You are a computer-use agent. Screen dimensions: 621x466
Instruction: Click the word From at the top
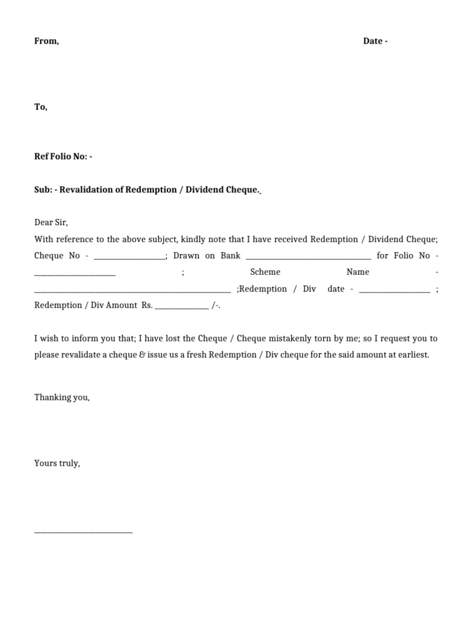click(46, 41)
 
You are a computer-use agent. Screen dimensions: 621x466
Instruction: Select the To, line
click(41, 107)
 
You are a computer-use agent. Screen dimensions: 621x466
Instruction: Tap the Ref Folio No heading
click(63, 156)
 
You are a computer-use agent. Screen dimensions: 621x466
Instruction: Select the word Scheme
click(265, 272)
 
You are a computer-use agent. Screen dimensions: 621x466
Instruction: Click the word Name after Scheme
click(358, 272)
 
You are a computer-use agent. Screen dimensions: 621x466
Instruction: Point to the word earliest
click(412, 355)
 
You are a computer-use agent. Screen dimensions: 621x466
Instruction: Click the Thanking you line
click(62, 398)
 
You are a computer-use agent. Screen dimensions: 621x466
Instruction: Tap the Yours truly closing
click(57, 463)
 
